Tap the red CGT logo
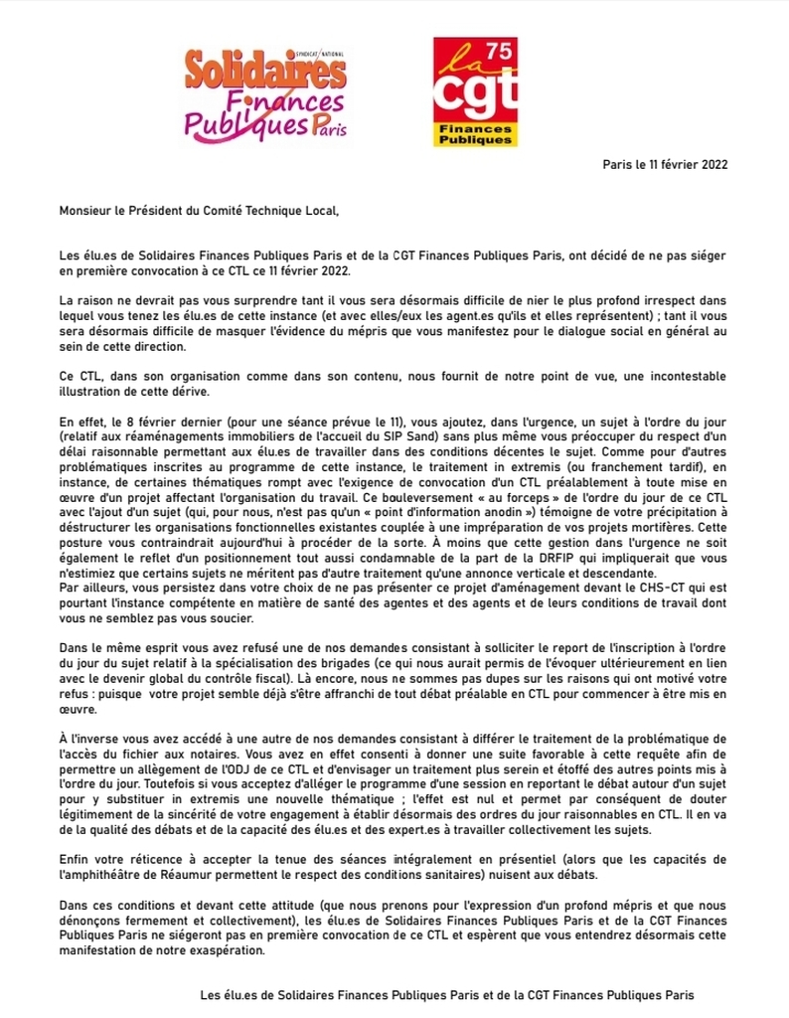point(475,91)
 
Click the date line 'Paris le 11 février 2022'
point(666,165)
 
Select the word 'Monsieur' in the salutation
point(85,211)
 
